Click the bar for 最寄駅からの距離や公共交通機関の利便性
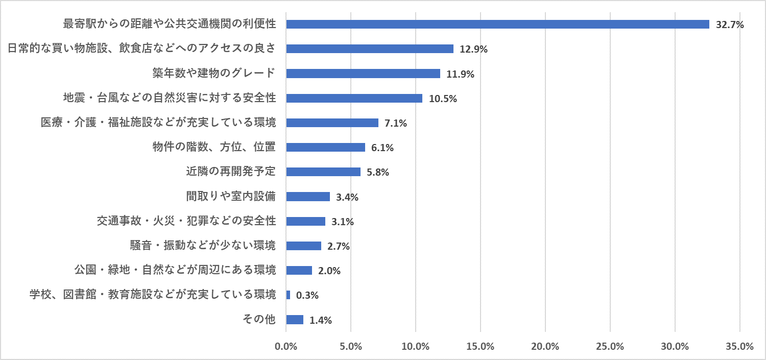pyautogui.click(x=497, y=25)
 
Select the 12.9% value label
pyautogui.click(x=474, y=50)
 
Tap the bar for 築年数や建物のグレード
pyautogui.click(x=363, y=74)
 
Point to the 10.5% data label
pyautogui.click(x=443, y=99)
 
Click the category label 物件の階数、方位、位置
pyautogui.click(x=214, y=147)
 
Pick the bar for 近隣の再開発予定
pyautogui.click(x=323, y=172)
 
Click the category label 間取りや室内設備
pyautogui.click(x=231, y=196)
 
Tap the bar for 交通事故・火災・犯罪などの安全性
pyautogui.click(x=305, y=221)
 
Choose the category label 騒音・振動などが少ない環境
pyautogui.click(x=203, y=246)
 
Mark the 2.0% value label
pyautogui.click(x=329, y=271)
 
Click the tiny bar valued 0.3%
pyautogui.click(x=288, y=295)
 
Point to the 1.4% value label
pyautogui.click(x=321, y=321)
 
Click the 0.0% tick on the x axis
pyautogui.click(x=286, y=346)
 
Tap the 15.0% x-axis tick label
pyautogui.click(x=481, y=346)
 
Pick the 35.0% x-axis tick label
pyautogui.click(x=739, y=346)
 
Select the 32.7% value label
pyautogui.click(x=730, y=25)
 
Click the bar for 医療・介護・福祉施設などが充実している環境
pyautogui.click(x=332, y=123)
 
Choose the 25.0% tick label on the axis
pyautogui.click(x=610, y=346)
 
